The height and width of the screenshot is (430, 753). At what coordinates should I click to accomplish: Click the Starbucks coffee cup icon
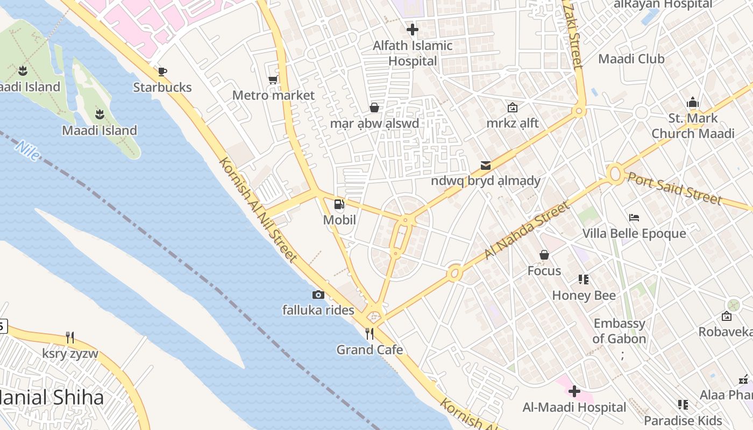(x=162, y=71)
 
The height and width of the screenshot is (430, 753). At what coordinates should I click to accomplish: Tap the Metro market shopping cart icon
(x=273, y=80)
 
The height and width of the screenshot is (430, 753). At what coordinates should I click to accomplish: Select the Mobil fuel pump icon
(x=339, y=204)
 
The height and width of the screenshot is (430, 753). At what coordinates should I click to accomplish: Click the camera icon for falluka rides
(x=318, y=295)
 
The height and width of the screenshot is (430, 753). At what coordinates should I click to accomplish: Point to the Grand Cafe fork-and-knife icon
(x=370, y=334)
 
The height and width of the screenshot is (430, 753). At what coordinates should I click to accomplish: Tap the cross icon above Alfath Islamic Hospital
(x=413, y=30)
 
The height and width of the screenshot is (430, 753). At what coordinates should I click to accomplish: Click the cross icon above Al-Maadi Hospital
(x=574, y=391)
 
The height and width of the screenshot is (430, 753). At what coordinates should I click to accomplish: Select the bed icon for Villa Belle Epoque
(x=634, y=218)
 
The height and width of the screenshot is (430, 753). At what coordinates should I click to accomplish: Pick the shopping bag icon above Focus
(x=544, y=255)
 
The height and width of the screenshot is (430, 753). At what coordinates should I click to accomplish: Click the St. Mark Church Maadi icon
(x=693, y=102)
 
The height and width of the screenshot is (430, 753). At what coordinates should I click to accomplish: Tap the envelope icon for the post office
(x=486, y=165)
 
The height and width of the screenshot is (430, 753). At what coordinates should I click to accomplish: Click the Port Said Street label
(x=674, y=189)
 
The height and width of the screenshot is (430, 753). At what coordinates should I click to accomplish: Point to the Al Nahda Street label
(x=527, y=231)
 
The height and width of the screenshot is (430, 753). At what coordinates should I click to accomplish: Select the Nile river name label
(x=27, y=151)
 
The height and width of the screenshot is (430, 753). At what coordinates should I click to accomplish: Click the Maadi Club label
(x=631, y=59)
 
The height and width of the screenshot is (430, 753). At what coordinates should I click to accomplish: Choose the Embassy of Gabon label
(x=619, y=331)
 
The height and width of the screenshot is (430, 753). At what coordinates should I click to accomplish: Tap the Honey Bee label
(x=584, y=295)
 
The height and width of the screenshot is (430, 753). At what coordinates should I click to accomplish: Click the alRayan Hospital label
(x=663, y=4)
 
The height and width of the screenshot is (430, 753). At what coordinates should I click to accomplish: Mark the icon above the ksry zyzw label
(x=70, y=338)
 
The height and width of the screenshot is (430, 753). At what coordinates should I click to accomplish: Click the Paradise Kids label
(x=683, y=420)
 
